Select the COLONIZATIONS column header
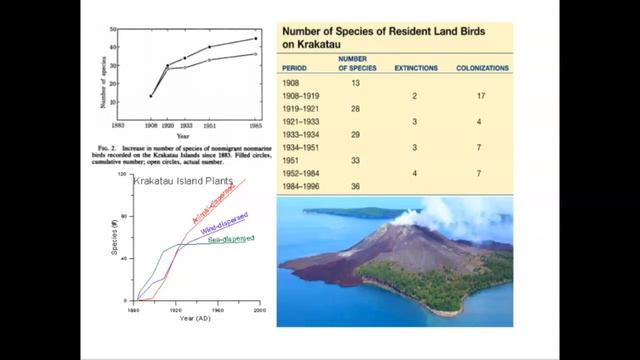[482, 68]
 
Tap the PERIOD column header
[297, 68]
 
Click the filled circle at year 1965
[255, 39]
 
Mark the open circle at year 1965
[255, 54]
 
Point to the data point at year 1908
[152, 96]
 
